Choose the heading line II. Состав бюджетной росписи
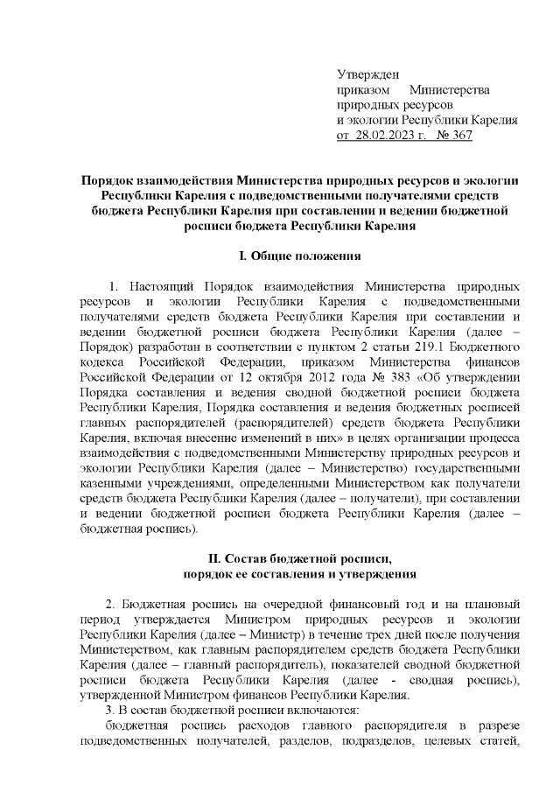(300, 558)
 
